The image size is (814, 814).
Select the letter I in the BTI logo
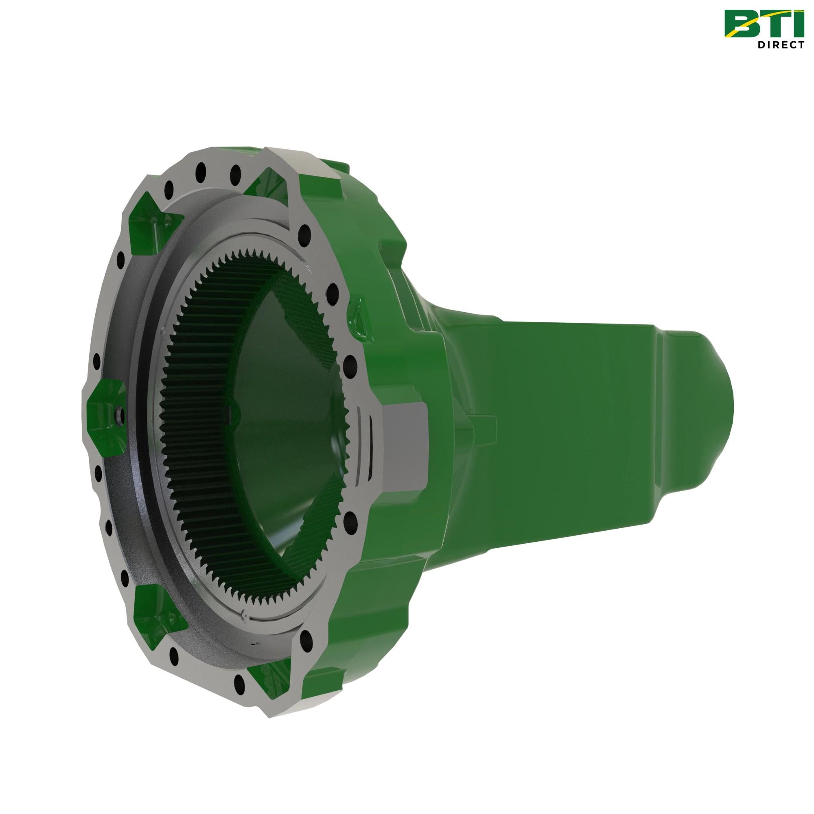click(x=799, y=23)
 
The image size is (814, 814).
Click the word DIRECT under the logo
click(x=787, y=45)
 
